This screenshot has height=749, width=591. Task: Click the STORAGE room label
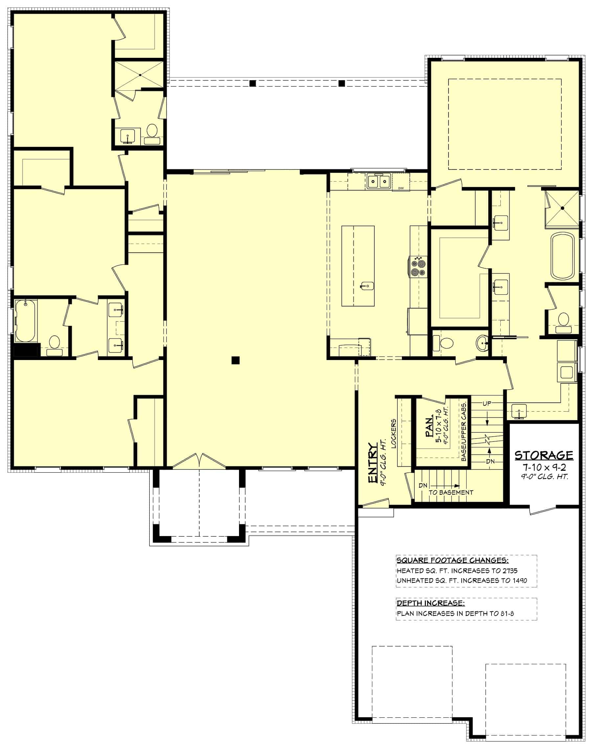pyautogui.click(x=544, y=455)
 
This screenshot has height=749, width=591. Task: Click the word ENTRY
pyautogui.click(x=372, y=463)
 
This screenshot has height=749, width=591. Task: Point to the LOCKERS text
pyautogui.click(x=393, y=434)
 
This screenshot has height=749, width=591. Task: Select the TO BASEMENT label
pyautogui.click(x=450, y=492)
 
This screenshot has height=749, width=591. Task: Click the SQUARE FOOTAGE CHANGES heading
pyautogui.click(x=452, y=561)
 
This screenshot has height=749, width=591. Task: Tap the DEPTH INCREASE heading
pyautogui.click(x=430, y=603)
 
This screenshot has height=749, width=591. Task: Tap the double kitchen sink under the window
pyautogui.click(x=379, y=181)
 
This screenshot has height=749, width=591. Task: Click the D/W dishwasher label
pyautogui.click(x=401, y=188)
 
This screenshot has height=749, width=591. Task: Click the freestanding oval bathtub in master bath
pyautogui.click(x=562, y=256)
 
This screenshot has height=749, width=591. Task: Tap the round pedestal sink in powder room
pyautogui.click(x=482, y=343)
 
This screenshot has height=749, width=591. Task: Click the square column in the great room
pyautogui.click(x=235, y=360)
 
